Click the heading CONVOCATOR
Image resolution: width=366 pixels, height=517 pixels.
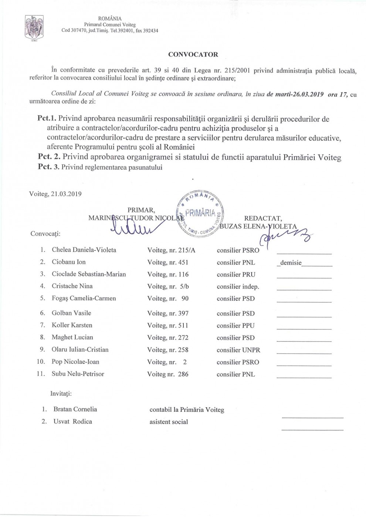pyautogui.click(x=193, y=55)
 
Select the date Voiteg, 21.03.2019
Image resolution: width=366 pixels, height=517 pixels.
pyautogui.click(x=55, y=194)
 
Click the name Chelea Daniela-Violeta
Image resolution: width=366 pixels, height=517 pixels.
pyautogui.click(x=84, y=250)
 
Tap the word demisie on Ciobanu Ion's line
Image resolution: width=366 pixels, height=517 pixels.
pyautogui.click(x=291, y=263)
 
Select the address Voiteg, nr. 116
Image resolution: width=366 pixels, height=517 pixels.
pyautogui.click(x=168, y=274)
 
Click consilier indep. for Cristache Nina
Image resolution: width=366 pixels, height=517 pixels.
pyautogui.click(x=238, y=287)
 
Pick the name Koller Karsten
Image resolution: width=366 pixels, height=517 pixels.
pyautogui.click(x=72, y=325)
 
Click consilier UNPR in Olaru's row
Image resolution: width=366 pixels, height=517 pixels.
pyautogui.click(x=238, y=350)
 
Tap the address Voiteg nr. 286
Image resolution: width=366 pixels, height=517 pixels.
pyautogui.click(x=168, y=374)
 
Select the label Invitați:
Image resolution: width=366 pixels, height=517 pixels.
pyautogui.click(x=61, y=394)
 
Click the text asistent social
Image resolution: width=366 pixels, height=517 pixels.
pyautogui.click(x=169, y=422)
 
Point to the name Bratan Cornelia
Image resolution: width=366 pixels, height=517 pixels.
pyautogui.click(x=75, y=409)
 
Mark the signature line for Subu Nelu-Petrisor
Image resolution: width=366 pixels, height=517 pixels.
pyautogui.click(x=304, y=377)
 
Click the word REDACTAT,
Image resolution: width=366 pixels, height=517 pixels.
pyautogui.click(x=263, y=219)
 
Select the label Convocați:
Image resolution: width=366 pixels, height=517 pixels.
pyautogui.click(x=45, y=234)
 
